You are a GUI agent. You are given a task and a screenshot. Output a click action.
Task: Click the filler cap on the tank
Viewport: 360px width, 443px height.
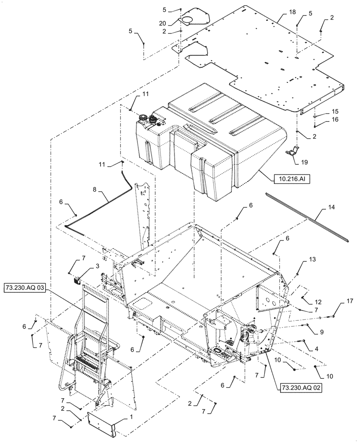point(144,118)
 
